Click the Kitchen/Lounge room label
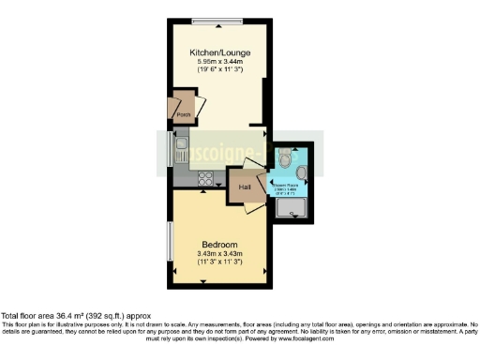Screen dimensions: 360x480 click(217, 52)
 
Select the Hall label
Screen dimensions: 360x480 click(245, 187)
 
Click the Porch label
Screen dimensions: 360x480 click(184, 116)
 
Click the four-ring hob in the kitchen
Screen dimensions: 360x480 click(206, 178)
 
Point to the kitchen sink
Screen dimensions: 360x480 click(179, 150)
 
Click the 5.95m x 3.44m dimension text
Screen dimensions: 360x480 click(217, 62)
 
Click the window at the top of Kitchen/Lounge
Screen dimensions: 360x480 click(218, 20)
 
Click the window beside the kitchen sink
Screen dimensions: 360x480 click(170, 149)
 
